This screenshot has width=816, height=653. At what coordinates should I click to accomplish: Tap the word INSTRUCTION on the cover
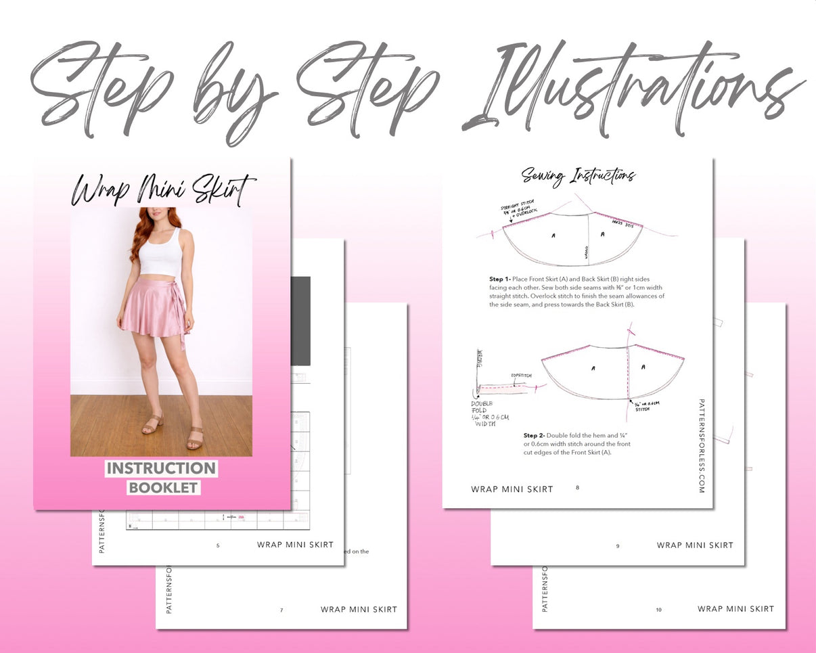(161, 468)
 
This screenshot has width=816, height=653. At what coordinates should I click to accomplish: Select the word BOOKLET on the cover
(163, 487)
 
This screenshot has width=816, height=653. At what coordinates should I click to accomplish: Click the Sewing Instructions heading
(578, 176)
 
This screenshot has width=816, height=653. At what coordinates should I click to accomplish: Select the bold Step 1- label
(499, 279)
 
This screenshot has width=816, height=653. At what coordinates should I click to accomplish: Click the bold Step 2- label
(534, 435)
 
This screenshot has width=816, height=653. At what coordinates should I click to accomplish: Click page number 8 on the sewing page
(577, 487)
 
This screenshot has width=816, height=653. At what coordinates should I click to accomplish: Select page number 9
(618, 545)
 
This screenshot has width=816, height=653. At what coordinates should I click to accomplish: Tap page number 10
(659, 610)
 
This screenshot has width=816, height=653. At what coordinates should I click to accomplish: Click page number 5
(218, 545)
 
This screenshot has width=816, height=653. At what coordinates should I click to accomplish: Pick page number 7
(281, 610)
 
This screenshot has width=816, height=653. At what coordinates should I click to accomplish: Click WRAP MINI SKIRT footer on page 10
(735, 609)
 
